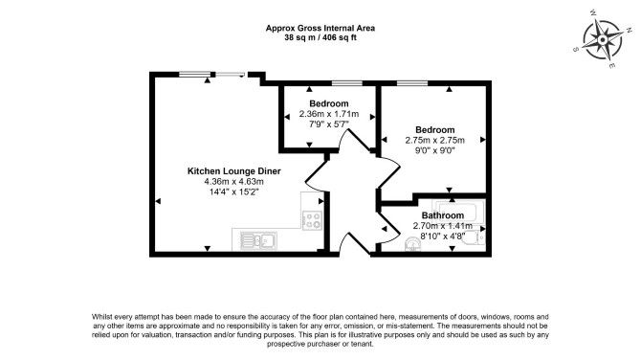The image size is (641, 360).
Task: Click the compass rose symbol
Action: click(602, 40)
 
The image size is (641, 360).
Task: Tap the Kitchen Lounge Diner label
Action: click(233, 171)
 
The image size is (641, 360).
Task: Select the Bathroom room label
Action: click(443, 215)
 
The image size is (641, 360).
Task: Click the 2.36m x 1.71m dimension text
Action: click(329, 114)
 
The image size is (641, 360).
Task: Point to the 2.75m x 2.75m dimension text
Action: click(435, 140)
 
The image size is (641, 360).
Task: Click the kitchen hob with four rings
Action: click(312, 220)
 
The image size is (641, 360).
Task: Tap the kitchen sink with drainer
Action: click(258, 240)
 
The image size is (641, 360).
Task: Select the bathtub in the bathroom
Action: click(458, 212)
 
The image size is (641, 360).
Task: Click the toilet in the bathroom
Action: click(475, 237)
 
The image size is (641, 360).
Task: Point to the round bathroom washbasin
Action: click(412, 245)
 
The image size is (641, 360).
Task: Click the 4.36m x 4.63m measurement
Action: click(233, 182)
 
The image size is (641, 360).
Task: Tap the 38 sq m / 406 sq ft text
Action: click(320, 37)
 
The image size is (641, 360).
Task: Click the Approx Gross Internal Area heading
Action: click(320, 28)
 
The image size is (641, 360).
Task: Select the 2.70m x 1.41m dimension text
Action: click(443, 226)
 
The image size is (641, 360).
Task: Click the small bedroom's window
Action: click(346, 83)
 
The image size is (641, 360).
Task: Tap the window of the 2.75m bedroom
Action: click(412, 83)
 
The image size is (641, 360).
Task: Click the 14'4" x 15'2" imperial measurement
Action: click(233, 191)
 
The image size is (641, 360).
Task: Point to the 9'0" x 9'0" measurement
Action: click(435, 150)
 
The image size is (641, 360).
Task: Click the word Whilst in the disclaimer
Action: click(101, 317)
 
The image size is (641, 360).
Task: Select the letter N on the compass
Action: click(629, 31)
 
